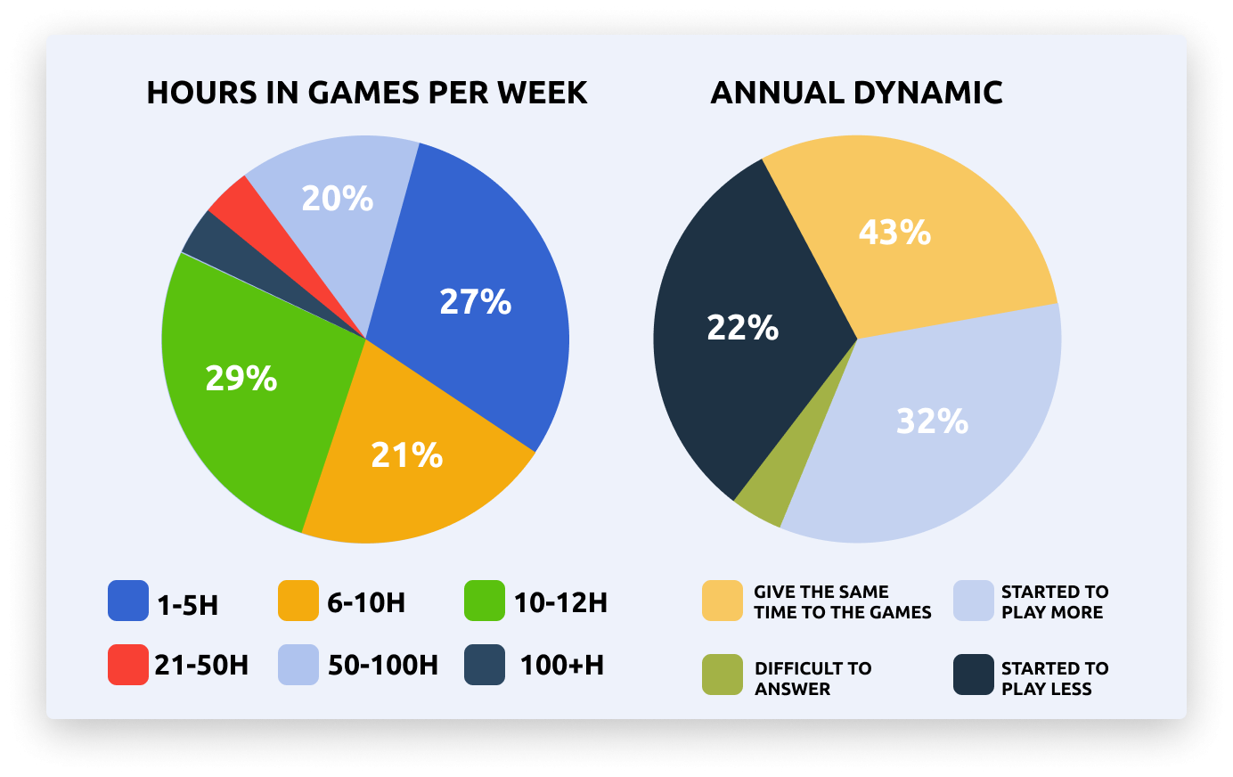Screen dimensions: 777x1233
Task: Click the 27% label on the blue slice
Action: tap(476, 302)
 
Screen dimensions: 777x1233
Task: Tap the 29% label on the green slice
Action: tap(241, 379)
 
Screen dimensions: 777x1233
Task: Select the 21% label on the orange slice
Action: tap(407, 455)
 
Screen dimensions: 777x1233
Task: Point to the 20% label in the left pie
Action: tap(337, 198)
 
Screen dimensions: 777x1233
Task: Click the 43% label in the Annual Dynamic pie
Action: tap(894, 233)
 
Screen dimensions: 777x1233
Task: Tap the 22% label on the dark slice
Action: tap(742, 328)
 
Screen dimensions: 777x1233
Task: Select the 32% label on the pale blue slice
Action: tap(932, 421)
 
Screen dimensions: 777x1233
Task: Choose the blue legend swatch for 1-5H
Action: tap(128, 601)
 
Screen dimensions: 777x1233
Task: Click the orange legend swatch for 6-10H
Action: tap(298, 601)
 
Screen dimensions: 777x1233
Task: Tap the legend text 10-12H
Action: tap(560, 603)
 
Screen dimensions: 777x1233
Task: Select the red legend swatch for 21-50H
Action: tap(128, 665)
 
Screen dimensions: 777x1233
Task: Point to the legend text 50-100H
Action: tap(383, 666)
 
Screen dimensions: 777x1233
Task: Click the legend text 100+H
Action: tap(562, 666)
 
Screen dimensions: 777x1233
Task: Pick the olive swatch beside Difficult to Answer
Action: tap(722, 675)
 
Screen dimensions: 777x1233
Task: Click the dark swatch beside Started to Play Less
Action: tap(974, 675)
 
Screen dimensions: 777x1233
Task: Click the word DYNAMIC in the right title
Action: tap(928, 93)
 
